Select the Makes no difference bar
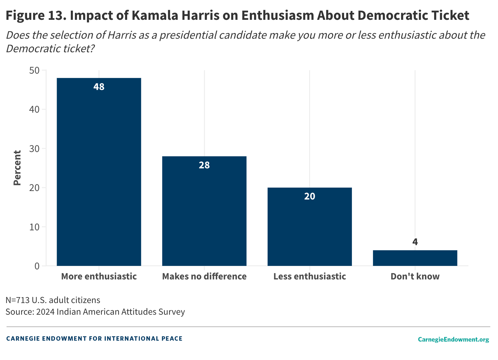tap(204, 214)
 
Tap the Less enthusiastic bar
tap(310, 230)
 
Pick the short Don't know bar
tap(415, 258)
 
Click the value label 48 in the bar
tap(99, 87)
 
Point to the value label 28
tap(204, 165)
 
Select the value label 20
tap(310, 196)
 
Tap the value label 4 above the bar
tap(415, 242)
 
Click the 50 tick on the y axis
tap(35, 70)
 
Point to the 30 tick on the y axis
tap(35, 149)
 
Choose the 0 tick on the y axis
tap(37, 266)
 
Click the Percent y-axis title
tap(17, 168)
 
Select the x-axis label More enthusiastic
tap(99, 276)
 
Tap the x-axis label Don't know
tap(415, 276)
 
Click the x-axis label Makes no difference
tap(204, 276)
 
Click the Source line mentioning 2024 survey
tap(95, 312)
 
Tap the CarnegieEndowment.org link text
tap(453, 339)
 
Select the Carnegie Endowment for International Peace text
tap(94, 339)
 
